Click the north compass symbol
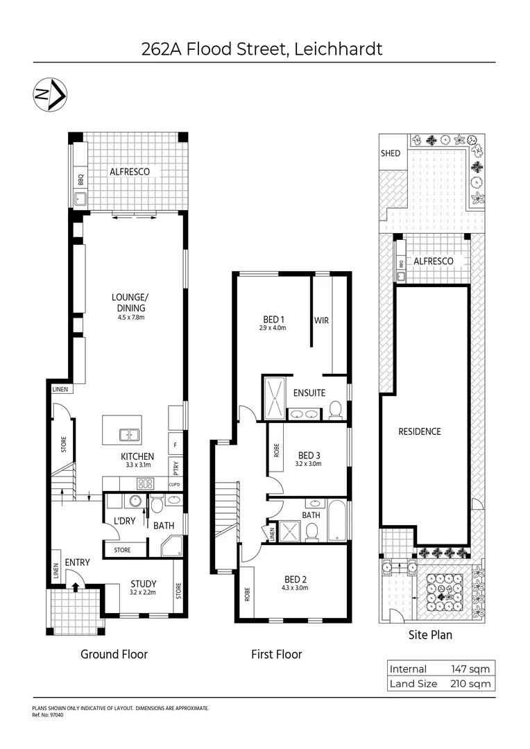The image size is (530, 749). [50, 95]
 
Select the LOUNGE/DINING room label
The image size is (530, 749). [130, 303]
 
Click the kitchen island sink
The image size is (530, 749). [128, 435]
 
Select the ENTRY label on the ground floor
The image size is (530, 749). [77, 562]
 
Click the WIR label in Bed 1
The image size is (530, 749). [321, 320]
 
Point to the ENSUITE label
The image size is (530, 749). [309, 393]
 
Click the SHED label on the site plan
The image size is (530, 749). [391, 153]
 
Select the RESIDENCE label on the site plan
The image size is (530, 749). [419, 431]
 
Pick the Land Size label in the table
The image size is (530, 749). [413, 683]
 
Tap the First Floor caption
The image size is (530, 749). [277, 654]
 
